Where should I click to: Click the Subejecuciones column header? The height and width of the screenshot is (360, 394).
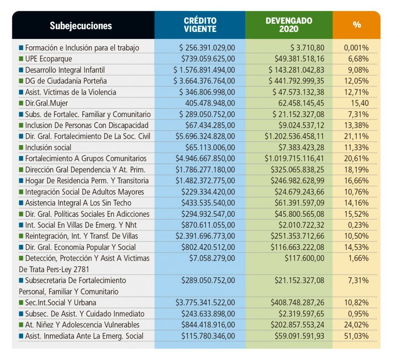pos(80,26)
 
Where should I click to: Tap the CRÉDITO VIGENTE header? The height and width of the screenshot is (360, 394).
pos(200,25)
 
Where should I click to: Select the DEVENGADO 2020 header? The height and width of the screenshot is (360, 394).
pos(289,25)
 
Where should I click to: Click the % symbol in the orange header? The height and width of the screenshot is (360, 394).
pos(357,25)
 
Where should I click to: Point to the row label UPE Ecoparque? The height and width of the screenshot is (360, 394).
pos(48,59)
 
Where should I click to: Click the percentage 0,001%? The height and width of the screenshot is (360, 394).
pos(357,48)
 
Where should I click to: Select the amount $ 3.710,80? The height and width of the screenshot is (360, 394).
pos(307,48)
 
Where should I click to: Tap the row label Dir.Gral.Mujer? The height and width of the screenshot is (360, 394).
pos(47,103)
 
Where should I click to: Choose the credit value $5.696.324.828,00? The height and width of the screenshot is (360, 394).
pos(205,136)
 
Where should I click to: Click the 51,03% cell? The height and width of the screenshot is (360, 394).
pos(357,336)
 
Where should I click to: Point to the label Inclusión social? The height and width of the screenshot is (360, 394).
pos(48,147)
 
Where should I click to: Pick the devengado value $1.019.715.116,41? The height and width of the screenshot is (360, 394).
pos(294,158)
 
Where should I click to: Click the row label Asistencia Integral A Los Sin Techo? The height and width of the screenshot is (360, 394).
pos(78,203)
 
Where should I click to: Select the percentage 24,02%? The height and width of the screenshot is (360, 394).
pos(357,325)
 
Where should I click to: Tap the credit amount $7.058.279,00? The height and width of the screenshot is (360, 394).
pos(212,258)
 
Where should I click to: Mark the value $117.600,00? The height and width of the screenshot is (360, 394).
pos(304,258)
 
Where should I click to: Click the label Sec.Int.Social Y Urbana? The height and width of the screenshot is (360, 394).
pos(60,302)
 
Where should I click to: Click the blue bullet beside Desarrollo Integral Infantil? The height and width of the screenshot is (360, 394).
pos(21,70)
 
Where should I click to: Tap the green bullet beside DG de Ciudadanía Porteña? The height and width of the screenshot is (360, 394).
pos(21,81)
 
